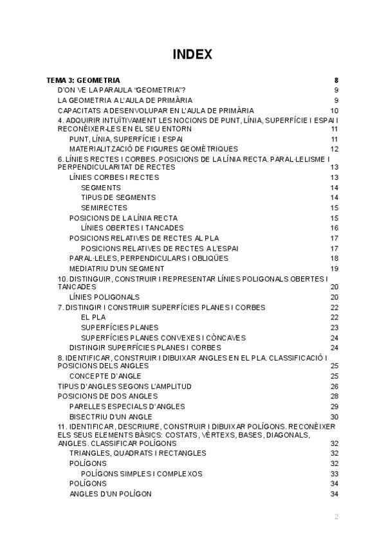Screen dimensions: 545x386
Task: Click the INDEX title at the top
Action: click(192, 55)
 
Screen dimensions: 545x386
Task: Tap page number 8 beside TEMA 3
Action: click(336, 80)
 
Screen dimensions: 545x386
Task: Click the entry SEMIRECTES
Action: click(104, 208)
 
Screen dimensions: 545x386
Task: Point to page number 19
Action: click(335, 269)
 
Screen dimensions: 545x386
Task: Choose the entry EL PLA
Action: click(93, 317)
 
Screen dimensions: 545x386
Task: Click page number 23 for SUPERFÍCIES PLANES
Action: click(335, 328)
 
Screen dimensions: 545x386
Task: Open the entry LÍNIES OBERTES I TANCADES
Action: click(132, 228)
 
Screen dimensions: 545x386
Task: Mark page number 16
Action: click(335, 228)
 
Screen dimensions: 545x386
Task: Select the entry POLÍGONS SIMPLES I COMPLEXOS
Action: click(142, 474)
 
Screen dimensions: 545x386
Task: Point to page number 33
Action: click(335, 474)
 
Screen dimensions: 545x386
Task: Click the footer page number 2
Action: click(336, 517)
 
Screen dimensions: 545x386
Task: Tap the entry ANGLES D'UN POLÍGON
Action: click(110, 494)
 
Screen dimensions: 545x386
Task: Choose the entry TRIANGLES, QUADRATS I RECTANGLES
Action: click(138, 453)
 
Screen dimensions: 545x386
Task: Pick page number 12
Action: click(335, 149)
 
